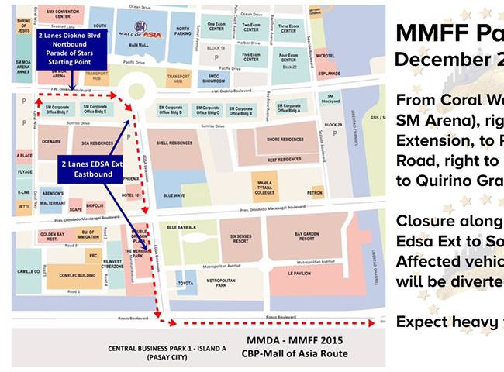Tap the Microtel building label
tap(326, 56)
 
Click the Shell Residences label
tap(174, 143)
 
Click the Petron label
tap(315, 190)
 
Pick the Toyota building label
tap(185, 284)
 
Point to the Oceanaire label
tap(51, 142)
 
